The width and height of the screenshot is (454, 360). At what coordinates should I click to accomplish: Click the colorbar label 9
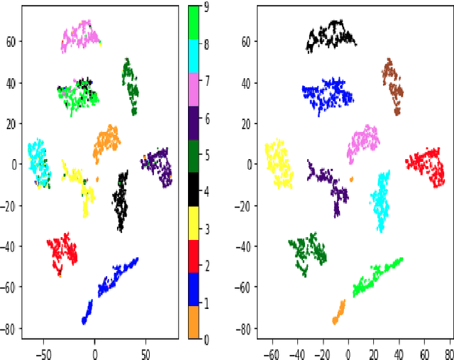pyautogui.click(x=206, y=8)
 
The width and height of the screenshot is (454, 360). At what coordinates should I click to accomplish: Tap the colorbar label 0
pyautogui.click(x=206, y=340)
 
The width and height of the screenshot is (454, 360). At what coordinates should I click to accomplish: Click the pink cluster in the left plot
pyautogui.click(x=80, y=36)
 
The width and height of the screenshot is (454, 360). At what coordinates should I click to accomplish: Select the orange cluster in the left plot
pyautogui.click(x=107, y=142)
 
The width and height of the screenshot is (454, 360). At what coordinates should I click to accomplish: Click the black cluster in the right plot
pyautogui.click(x=332, y=36)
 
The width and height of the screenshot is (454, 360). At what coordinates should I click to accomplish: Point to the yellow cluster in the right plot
pyautogui.click(x=279, y=163)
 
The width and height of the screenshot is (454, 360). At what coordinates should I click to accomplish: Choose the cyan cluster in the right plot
pyautogui.click(x=382, y=199)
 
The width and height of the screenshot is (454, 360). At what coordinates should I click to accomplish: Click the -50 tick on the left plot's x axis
pyautogui.click(x=43, y=350)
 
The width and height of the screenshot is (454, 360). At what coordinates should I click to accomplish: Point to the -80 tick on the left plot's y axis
pyautogui.click(x=13, y=329)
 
